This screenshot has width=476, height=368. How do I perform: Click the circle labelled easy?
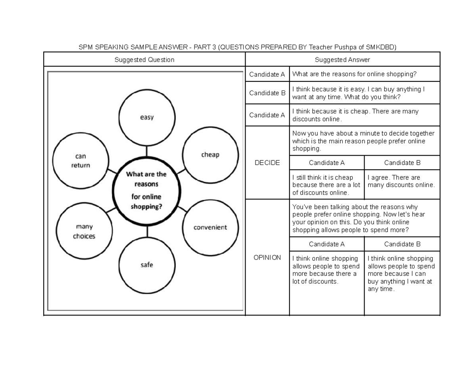(147, 117)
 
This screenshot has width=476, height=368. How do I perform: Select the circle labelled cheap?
(210, 154)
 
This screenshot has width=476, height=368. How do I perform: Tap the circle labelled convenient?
(210, 227)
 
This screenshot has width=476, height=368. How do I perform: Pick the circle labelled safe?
(147, 264)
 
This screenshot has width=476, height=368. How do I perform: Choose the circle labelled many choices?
(84, 231)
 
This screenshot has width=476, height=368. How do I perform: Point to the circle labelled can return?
(81, 160)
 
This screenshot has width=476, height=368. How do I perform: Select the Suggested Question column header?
(144, 60)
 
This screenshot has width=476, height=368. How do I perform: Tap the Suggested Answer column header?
(342, 60)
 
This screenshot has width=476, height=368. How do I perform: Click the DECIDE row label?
(267, 163)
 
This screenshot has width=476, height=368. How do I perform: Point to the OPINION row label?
(267, 257)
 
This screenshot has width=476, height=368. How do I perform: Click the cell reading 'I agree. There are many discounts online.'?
(401, 181)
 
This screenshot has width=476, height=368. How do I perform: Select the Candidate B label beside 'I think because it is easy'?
(267, 93)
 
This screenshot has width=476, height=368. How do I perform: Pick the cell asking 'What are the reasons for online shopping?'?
(365, 74)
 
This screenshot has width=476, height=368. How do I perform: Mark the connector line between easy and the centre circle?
(147, 151)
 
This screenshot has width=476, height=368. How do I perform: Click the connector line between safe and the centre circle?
(147, 231)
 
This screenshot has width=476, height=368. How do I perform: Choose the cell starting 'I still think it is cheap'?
(326, 185)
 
